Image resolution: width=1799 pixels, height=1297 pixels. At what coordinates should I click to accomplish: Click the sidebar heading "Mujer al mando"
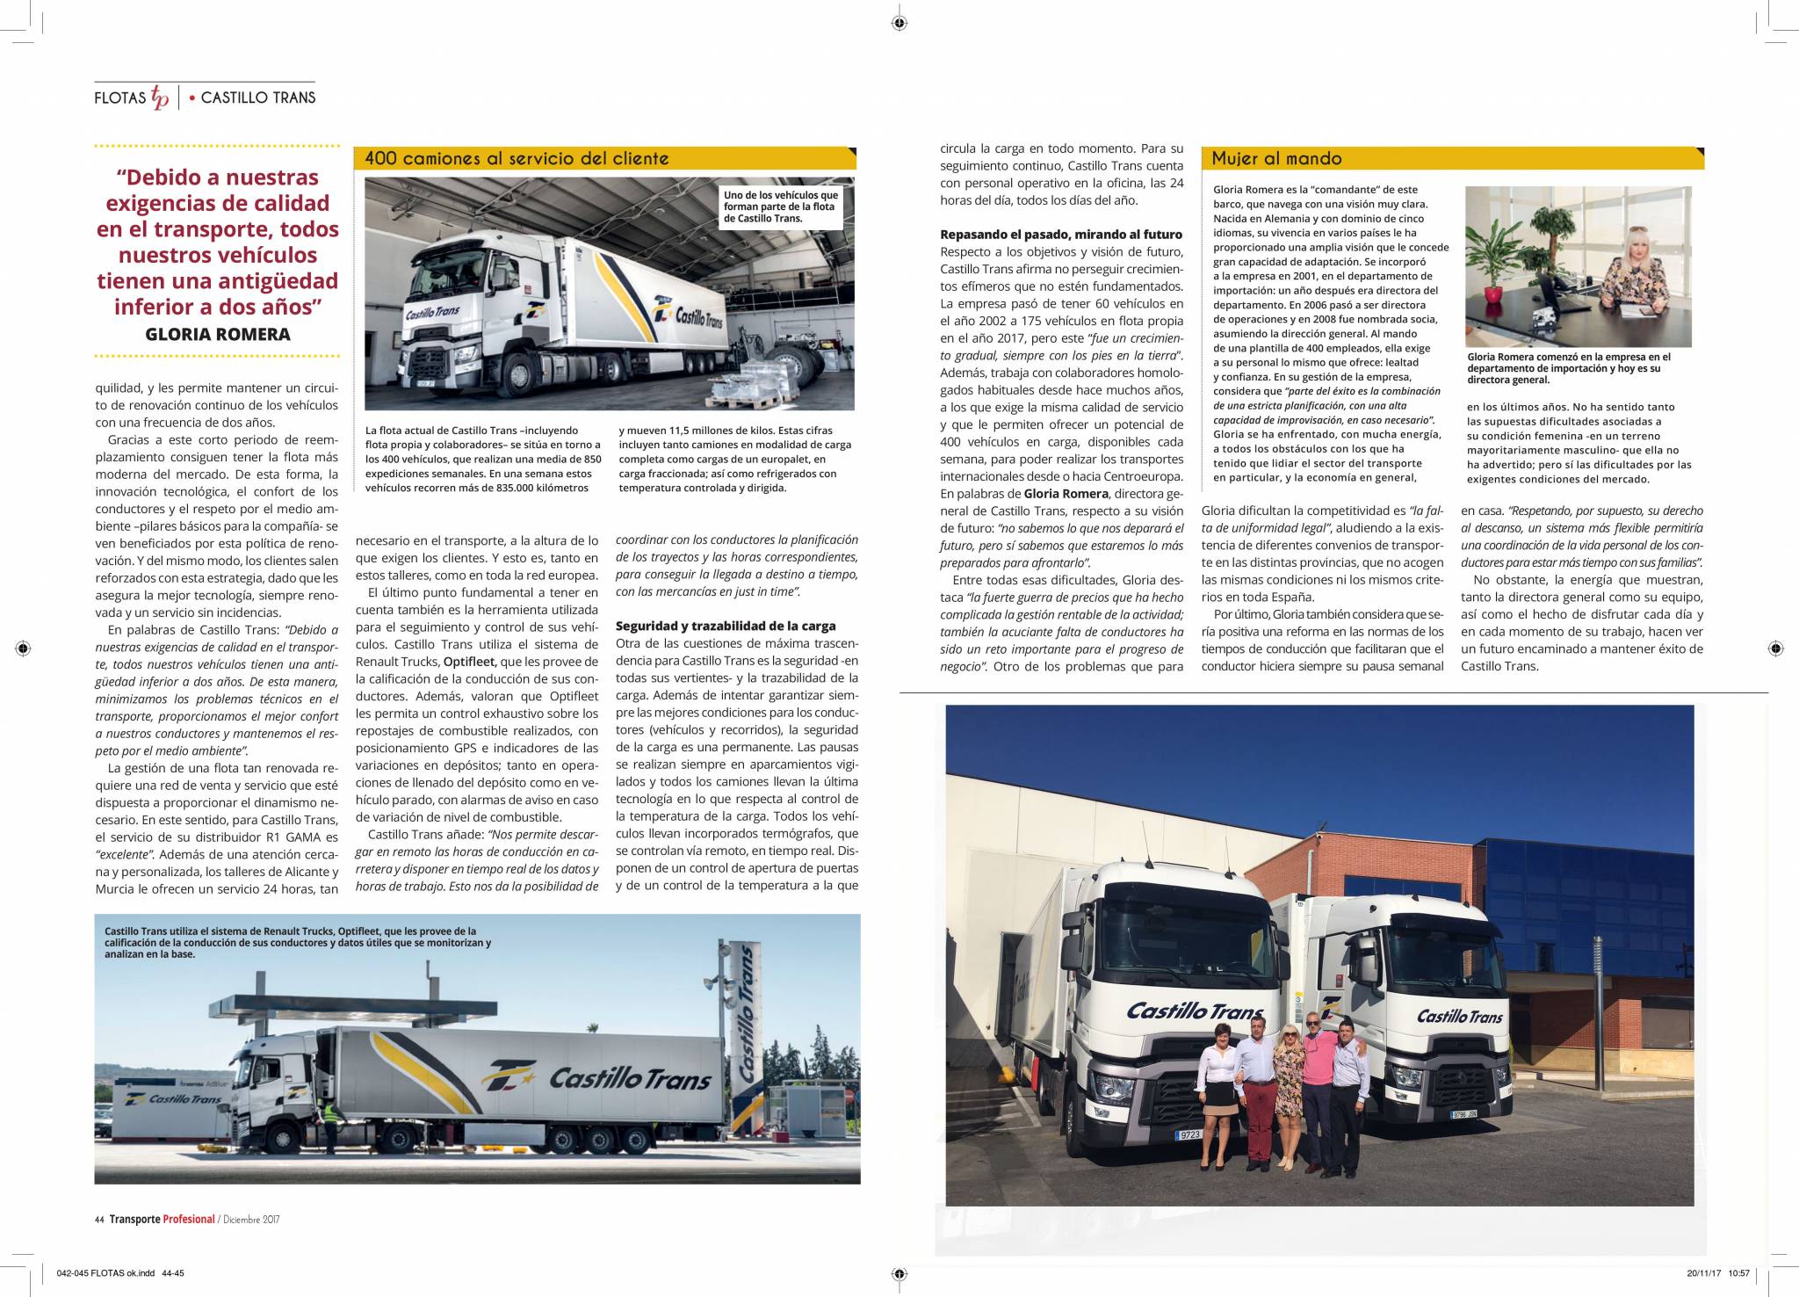click(x=1276, y=158)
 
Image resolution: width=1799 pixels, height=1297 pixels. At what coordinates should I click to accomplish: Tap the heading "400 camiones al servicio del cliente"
click(x=517, y=158)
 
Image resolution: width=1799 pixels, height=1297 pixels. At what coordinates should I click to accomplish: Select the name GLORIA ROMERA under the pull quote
click(x=217, y=334)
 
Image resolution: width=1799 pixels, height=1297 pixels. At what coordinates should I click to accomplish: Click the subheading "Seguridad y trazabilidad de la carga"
click(x=725, y=626)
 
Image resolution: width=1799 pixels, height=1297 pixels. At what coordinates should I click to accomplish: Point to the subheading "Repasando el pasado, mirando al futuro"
click(x=1061, y=235)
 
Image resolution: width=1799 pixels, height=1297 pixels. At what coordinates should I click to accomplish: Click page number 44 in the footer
click(x=99, y=1219)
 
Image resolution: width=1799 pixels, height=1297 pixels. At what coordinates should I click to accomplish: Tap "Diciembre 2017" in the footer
click(x=251, y=1219)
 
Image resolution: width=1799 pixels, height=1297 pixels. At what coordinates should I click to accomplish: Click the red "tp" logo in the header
click(x=160, y=98)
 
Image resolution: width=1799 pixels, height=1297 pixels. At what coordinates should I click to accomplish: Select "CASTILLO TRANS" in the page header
click(x=257, y=98)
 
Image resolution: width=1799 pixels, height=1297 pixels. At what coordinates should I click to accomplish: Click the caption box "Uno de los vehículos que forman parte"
click(x=780, y=207)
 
